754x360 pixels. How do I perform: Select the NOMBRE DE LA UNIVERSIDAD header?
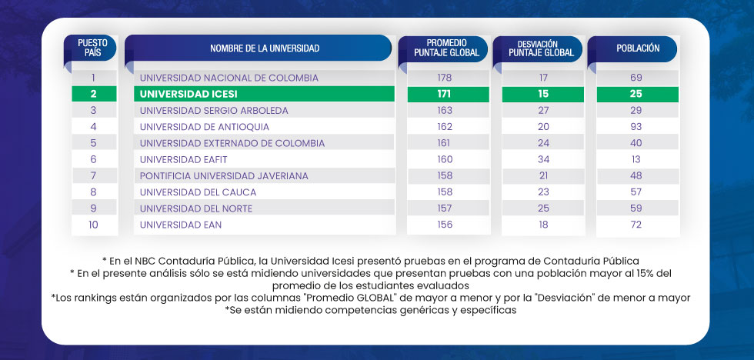tap(264, 48)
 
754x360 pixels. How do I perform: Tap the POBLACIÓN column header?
tap(638, 48)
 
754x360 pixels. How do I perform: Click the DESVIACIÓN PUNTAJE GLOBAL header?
tap(543, 48)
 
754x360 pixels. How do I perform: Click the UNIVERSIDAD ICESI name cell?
tap(188, 94)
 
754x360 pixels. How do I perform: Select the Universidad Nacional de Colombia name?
tap(229, 78)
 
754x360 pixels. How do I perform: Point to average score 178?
tap(445, 78)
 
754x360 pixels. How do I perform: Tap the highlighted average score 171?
tap(445, 94)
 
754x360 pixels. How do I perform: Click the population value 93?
tap(636, 127)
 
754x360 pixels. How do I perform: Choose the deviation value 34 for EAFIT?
tap(543, 160)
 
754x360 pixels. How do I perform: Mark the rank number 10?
tap(93, 225)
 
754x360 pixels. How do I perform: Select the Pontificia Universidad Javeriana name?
tap(224, 176)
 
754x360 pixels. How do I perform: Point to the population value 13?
tap(636, 160)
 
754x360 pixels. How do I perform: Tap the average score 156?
tap(445, 225)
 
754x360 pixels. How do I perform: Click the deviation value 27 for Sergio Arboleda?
tap(543, 111)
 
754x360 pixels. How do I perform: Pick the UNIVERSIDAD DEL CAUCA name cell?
tap(198, 192)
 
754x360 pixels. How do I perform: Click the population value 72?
tap(636, 225)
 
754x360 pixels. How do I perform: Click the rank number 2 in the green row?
tap(93, 94)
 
